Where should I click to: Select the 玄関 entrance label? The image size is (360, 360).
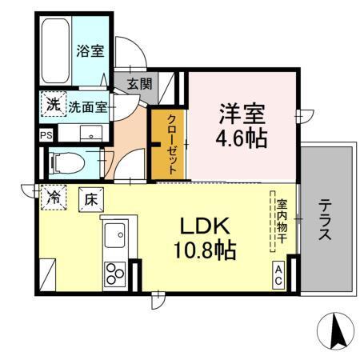pyautogui.click(x=137, y=82)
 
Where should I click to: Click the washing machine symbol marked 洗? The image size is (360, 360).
pyautogui.click(x=52, y=104)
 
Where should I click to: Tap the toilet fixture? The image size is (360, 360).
pyautogui.click(x=67, y=162)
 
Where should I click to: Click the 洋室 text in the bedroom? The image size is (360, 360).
pyautogui.click(x=241, y=110)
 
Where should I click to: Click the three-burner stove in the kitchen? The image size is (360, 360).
pyautogui.click(x=114, y=274)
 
